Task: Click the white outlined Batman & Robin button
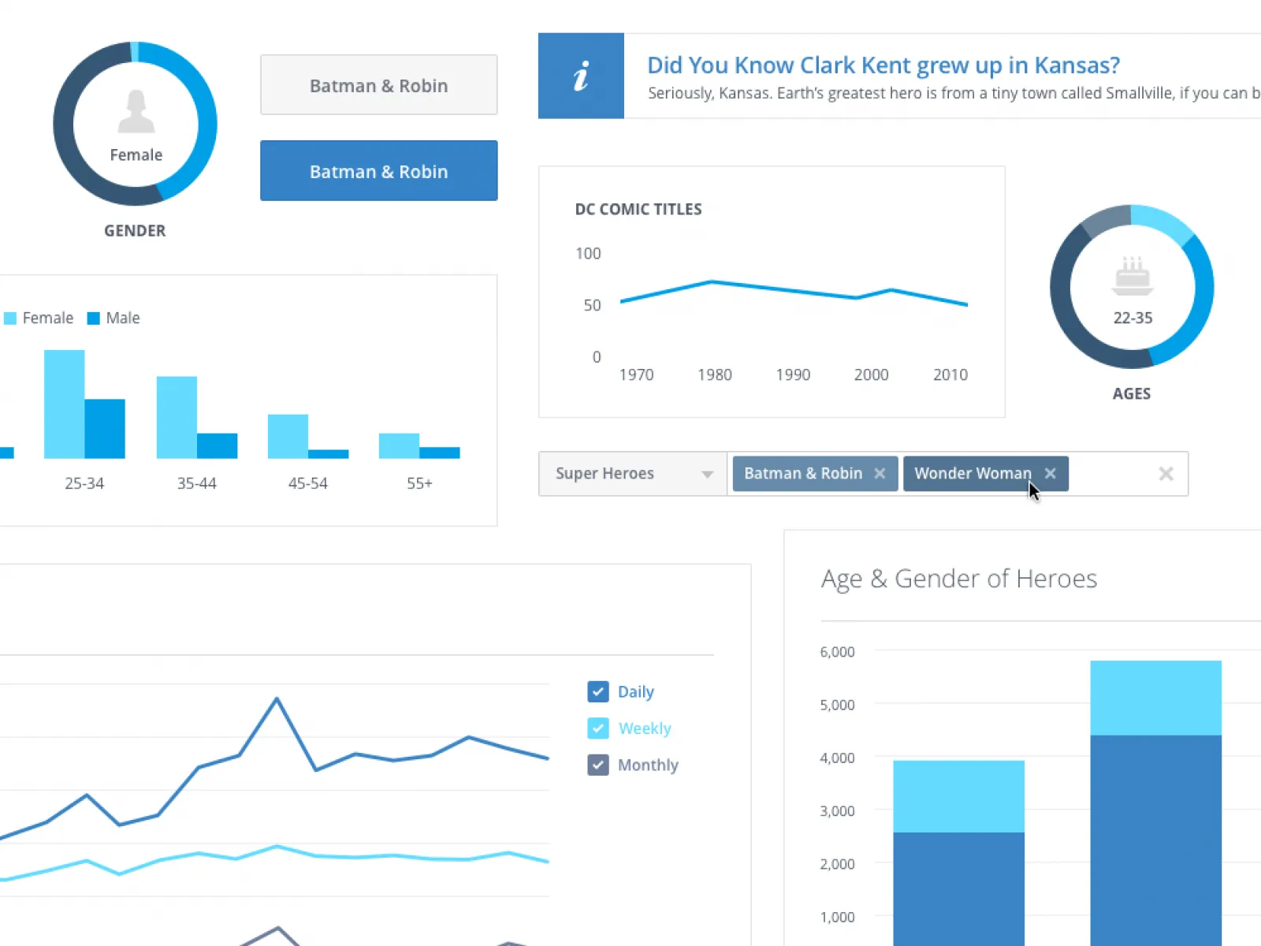378,85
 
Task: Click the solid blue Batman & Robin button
378,171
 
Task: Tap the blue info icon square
581,76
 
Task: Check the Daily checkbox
598,691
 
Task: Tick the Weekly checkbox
598,728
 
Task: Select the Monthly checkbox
598,765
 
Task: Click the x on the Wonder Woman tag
1050,474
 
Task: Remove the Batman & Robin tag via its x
880,474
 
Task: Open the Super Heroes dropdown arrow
707,475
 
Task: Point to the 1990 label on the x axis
793,375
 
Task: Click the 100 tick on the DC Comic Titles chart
588,254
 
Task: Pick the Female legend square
10,318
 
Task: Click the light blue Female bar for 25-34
64,404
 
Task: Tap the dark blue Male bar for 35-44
217,446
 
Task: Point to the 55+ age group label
419,483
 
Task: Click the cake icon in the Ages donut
1133,276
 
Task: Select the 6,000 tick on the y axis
837,652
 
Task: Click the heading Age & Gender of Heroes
958,579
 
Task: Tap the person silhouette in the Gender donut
136,111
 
